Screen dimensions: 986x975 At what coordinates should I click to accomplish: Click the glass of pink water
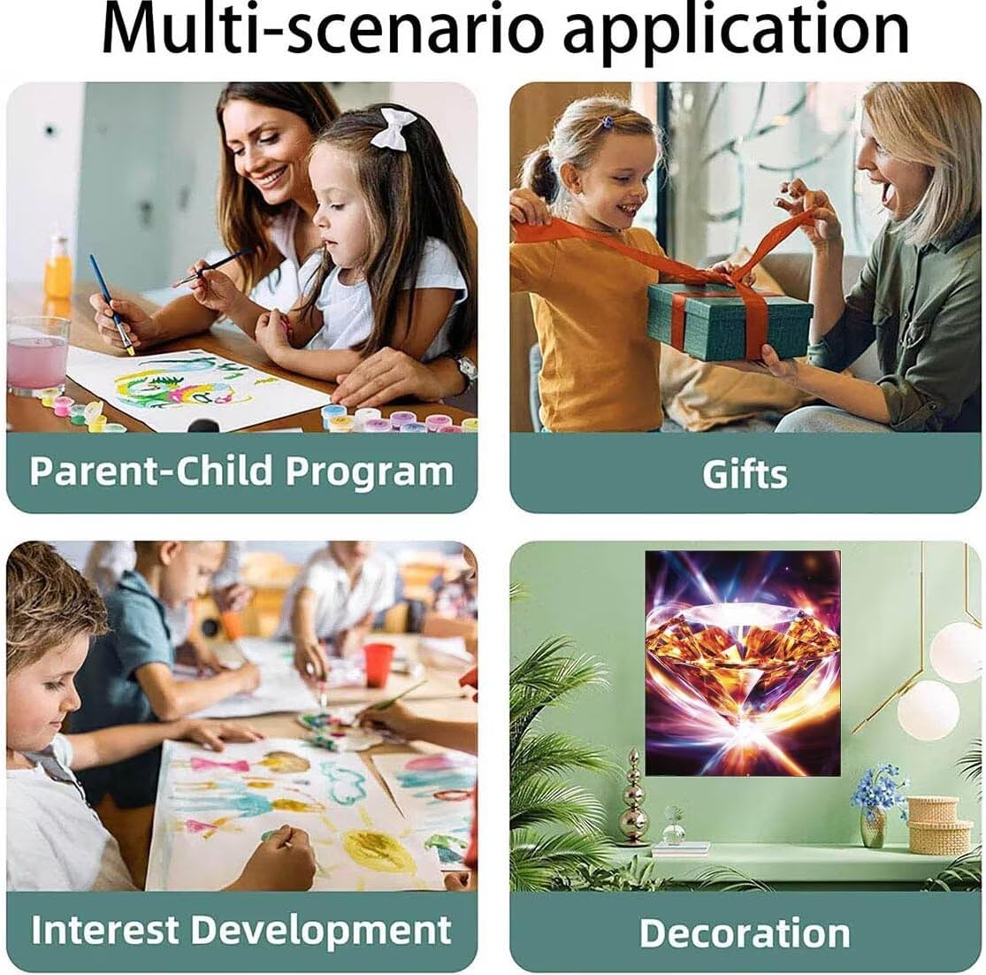37,355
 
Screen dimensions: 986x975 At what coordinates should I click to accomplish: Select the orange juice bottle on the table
57,267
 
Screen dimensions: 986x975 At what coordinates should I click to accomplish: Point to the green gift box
730,321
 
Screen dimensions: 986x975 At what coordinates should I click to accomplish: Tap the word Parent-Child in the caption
151,471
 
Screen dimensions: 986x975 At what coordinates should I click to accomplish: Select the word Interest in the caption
105,930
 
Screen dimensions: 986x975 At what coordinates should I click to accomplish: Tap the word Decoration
745,933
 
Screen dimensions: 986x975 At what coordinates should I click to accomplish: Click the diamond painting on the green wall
743,663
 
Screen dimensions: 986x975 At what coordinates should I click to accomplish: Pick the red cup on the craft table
378,664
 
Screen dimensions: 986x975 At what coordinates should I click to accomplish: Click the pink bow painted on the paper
219,765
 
